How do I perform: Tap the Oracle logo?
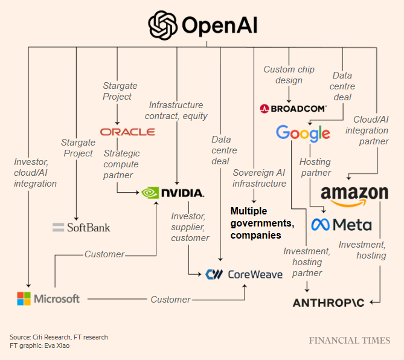click(x=127, y=132)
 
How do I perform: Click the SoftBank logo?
click(x=82, y=227)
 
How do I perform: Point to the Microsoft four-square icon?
click(x=24, y=298)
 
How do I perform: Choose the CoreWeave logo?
click(x=243, y=274)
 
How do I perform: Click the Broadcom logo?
click(x=293, y=109)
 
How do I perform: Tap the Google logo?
click(x=303, y=133)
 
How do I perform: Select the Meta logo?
click(x=341, y=225)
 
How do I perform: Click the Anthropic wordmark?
click(x=329, y=302)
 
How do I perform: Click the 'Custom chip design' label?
click(x=289, y=75)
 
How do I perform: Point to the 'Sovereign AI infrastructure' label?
click(x=259, y=178)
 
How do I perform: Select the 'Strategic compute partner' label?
click(x=121, y=164)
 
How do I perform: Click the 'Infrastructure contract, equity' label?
click(x=178, y=110)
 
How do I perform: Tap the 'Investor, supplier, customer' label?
click(x=190, y=227)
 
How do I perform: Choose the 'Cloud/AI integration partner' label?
click(x=371, y=130)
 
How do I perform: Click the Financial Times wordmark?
click(x=350, y=341)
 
